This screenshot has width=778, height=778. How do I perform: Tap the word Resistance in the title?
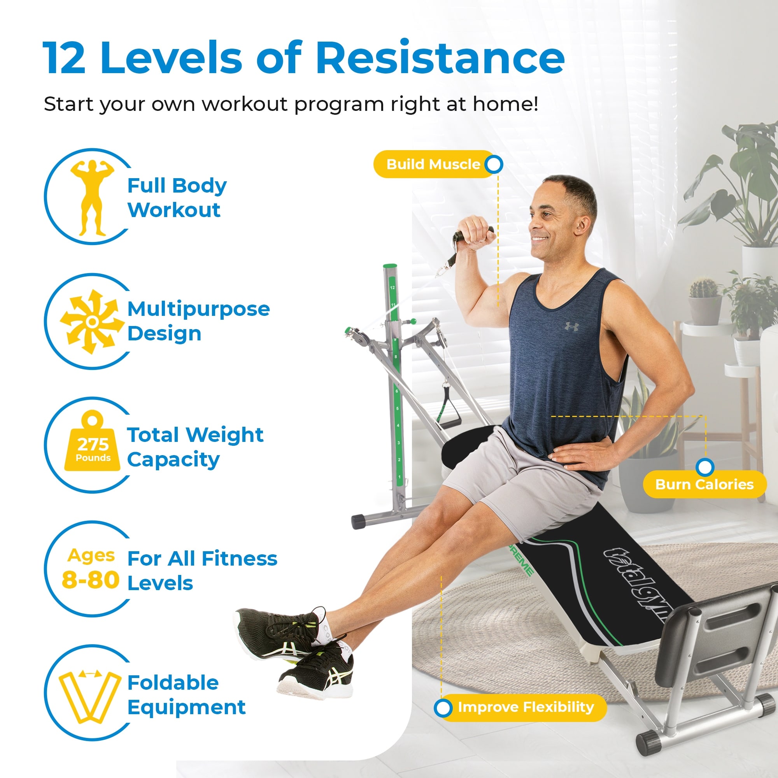pyautogui.click(x=440, y=58)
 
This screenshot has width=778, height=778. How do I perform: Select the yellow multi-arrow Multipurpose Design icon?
pyautogui.click(x=92, y=322)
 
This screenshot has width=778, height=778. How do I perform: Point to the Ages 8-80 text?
pyautogui.click(x=91, y=569)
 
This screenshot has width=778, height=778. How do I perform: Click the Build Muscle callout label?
pyautogui.click(x=433, y=164)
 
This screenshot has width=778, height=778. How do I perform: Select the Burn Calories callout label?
pyautogui.click(x=704, y=484)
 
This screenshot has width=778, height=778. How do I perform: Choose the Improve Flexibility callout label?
pyautogui.click(x=526, y=707)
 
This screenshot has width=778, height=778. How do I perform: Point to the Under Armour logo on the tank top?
pyautogui.click(x=572, y=327)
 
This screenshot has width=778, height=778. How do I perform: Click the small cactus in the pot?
pyautogui.click(x=703, y=288)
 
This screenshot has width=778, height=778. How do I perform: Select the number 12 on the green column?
pyautogui.click(x=392, y=287)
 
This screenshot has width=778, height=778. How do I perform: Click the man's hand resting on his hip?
pyautogui.click(x=580, y=454)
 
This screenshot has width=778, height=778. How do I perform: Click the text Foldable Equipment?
pyautogui.click(x=186, y=695)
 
